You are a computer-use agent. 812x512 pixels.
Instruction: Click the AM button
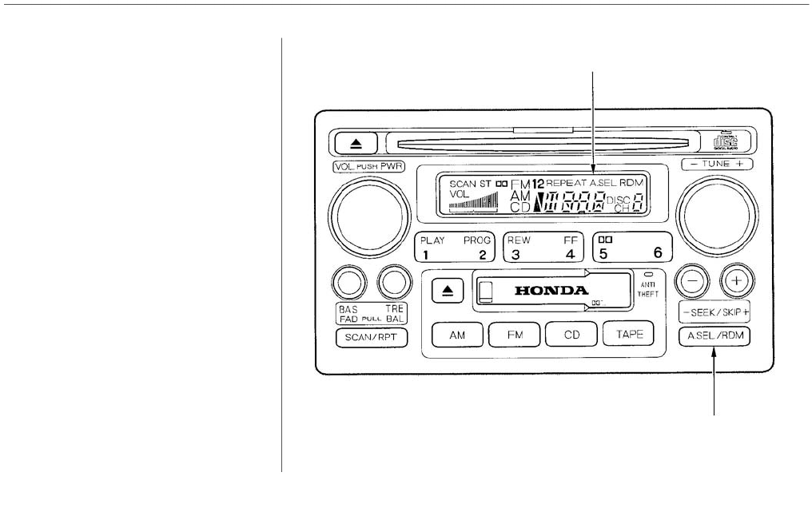click(456, 336)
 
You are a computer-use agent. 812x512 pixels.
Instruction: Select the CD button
click(571, 336)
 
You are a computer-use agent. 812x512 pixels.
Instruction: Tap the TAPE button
click(629, 336)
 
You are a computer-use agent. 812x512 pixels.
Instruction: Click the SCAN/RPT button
click(365, 337)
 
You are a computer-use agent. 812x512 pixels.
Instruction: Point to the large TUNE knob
click(717, 212)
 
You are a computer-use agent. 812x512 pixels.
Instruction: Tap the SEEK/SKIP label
click(714, 311)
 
